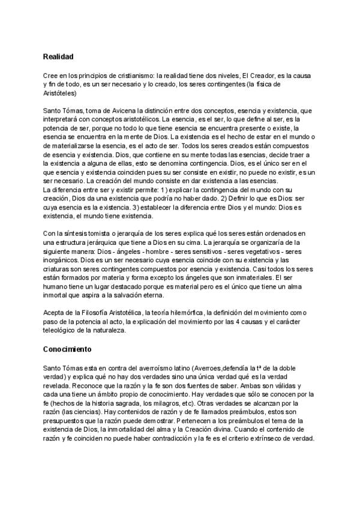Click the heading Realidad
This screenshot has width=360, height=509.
tap(58, 56)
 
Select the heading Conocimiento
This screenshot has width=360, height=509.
tap(68, 349)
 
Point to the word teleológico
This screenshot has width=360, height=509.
tap(63, 330)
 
